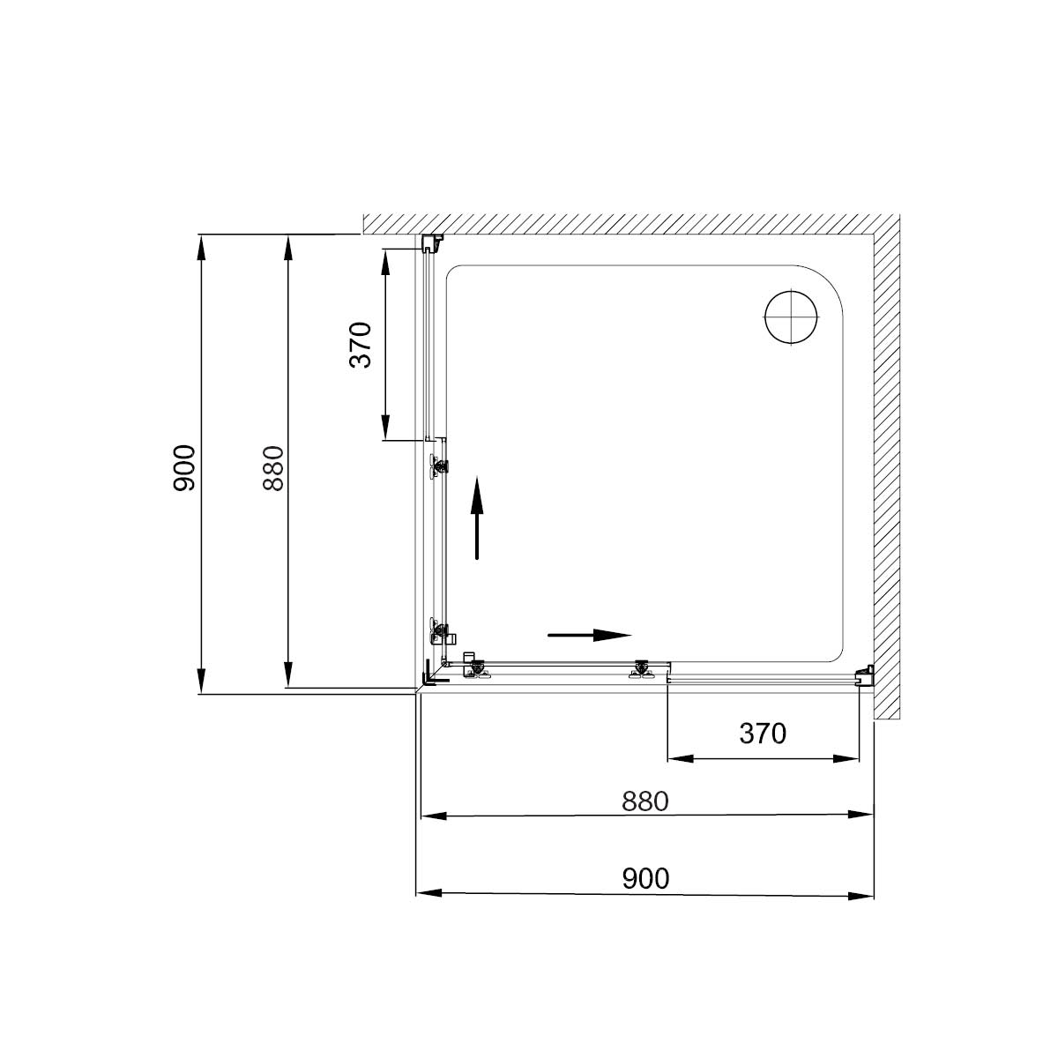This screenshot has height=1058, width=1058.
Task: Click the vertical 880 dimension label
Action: pyautogui.click(x=273, y=468)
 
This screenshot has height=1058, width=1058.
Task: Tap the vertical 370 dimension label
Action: pyautogui.click(x=361, y=344)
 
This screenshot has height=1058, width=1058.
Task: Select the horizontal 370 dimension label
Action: pyautogui.click(x=763, y=733)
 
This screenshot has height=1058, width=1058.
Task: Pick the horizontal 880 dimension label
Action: pyautogui.click(x=645, y=801)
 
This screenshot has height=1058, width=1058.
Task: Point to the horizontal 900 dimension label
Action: pyautogui.click(x=645, y=878)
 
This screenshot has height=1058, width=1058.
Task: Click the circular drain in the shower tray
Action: pyautogui.click(x=791, y=317)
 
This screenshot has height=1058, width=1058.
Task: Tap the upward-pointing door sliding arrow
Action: pyautogui.click(x=477, y=518)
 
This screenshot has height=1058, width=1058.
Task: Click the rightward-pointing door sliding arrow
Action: pyautogui.click(x=590, y=635)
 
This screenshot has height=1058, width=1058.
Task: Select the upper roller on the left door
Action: pyautogui.click(x=439, y=465)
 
